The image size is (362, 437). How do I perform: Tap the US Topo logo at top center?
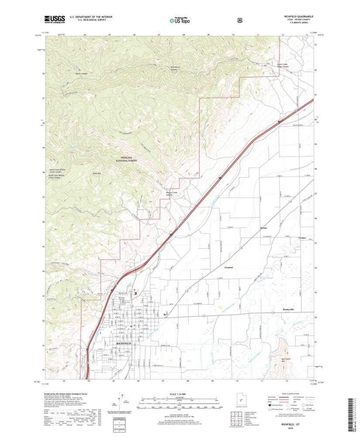coord(179,19)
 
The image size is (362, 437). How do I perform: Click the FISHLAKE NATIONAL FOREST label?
coord(126,160)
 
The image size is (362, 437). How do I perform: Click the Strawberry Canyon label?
coord(175,68)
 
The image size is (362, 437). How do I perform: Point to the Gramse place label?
coord(229,267)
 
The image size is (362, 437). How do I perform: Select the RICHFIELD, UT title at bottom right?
coord(286,423)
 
